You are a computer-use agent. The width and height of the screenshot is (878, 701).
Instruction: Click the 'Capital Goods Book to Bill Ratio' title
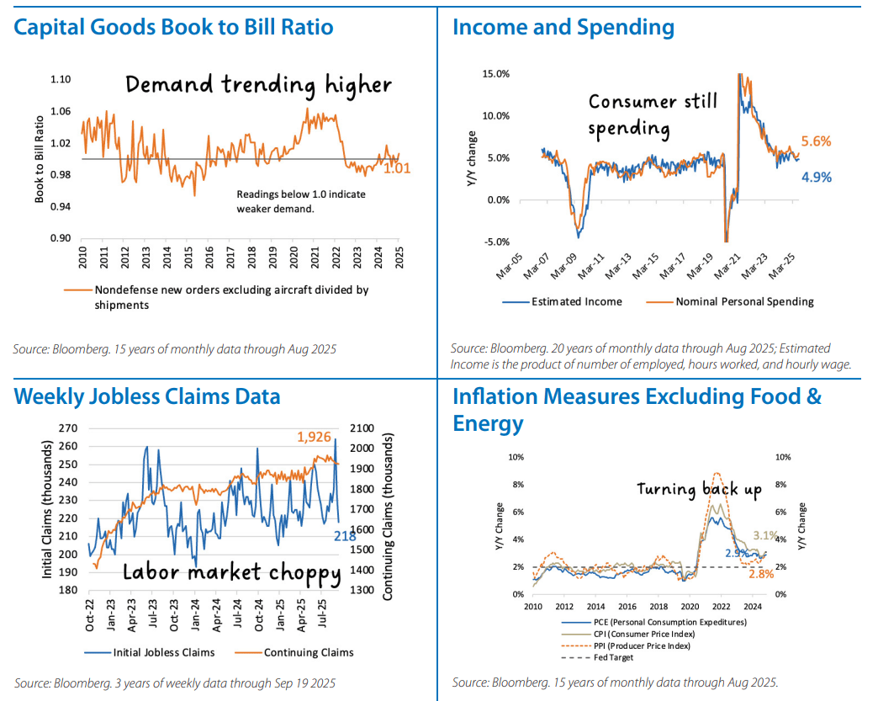(173, 28)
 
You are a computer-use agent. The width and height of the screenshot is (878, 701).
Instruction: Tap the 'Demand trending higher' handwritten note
(258, 85)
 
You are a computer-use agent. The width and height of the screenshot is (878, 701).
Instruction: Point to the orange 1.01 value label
(396, 168)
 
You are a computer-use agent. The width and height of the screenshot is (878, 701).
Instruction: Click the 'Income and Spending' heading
(563, 28)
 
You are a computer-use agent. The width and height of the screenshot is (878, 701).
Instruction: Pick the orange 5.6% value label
(816, 142)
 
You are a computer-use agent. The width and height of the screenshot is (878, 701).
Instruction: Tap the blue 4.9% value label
(816, 177)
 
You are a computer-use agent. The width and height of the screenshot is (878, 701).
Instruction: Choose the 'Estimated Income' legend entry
(574, 301)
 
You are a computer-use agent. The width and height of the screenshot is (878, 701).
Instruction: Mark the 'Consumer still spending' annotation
(652, 115)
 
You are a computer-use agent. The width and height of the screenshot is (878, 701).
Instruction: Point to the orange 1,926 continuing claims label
(317, 438)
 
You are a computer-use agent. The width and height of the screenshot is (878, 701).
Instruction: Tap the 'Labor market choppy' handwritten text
(231, 573)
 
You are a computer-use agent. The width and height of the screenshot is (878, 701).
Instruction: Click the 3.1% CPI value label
(764, 535)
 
